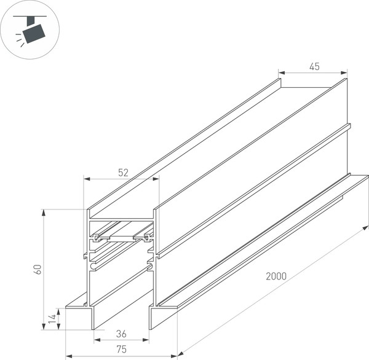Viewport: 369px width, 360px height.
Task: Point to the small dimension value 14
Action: pos(52,318)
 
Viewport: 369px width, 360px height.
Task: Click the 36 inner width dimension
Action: pos(122,334)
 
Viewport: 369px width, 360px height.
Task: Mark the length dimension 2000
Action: pos(276,276)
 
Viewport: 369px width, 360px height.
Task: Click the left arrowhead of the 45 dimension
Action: pos(282,72)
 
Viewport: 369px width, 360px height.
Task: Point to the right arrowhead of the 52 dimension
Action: pos(156,180)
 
